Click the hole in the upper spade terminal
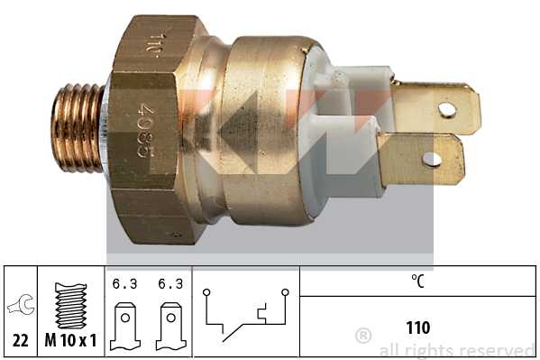pos(446,110)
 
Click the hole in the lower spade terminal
pos(432,160)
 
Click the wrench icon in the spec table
pos(17,305)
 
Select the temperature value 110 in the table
pos(417,327)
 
